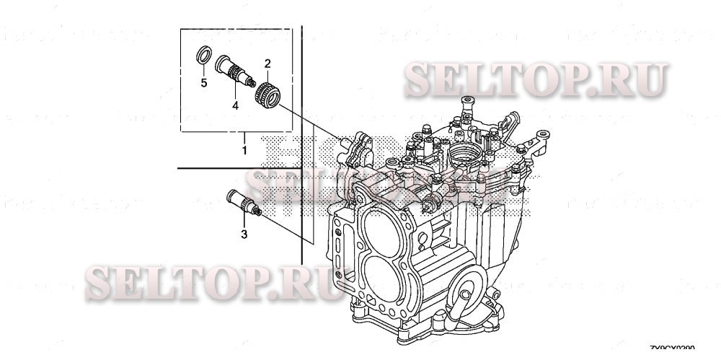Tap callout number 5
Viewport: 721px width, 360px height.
204,83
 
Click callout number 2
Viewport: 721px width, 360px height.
267,63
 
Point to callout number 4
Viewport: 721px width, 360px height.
234,105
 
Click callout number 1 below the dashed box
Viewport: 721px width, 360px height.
244,150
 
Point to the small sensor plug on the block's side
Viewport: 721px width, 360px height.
433,202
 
